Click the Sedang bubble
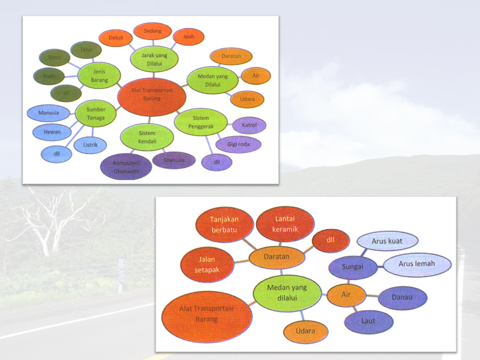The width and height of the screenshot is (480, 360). [x=153, y=31]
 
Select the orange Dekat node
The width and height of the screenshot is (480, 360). [x=116, y=38]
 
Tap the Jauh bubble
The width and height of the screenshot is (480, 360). [x=188, y=36]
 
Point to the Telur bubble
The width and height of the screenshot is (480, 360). [x=86, y=50]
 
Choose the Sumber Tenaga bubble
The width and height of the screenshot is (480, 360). [x=95, y=114]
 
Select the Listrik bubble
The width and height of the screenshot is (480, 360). [x=90, y=145]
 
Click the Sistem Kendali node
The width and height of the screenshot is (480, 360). [x=147, y=137]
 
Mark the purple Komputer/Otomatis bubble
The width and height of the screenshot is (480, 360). [x=125, y=167]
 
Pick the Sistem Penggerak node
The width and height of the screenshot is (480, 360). [x=200, y=122]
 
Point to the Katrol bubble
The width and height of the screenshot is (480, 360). [x=249, y=125]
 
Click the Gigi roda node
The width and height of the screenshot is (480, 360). [x=238, y=144]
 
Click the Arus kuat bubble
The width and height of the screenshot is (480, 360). [x=387, y=241]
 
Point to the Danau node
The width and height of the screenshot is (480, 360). [x=402, y=297]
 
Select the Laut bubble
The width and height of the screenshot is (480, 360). [x=368, y=321]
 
